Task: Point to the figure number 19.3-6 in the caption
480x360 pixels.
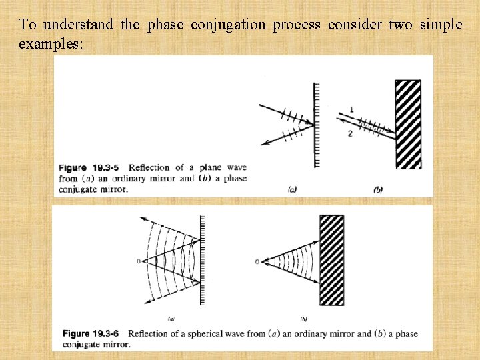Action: [x=109, y=333]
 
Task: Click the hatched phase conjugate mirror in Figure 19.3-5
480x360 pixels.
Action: [x=408, y=125]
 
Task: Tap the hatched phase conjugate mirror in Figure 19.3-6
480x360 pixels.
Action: [x=332, y=260]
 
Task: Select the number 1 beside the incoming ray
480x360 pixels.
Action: [x=351, y=109]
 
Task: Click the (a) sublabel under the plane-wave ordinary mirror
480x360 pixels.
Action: [x=292, y=190]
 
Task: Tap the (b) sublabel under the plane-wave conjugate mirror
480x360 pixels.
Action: [x=378, y=190]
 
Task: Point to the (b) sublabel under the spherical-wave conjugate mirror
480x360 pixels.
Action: [x=303, y=319]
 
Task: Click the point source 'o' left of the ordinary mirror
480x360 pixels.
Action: [x=139, y=261]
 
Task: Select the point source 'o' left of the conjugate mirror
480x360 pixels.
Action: [x=257, y=261]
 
